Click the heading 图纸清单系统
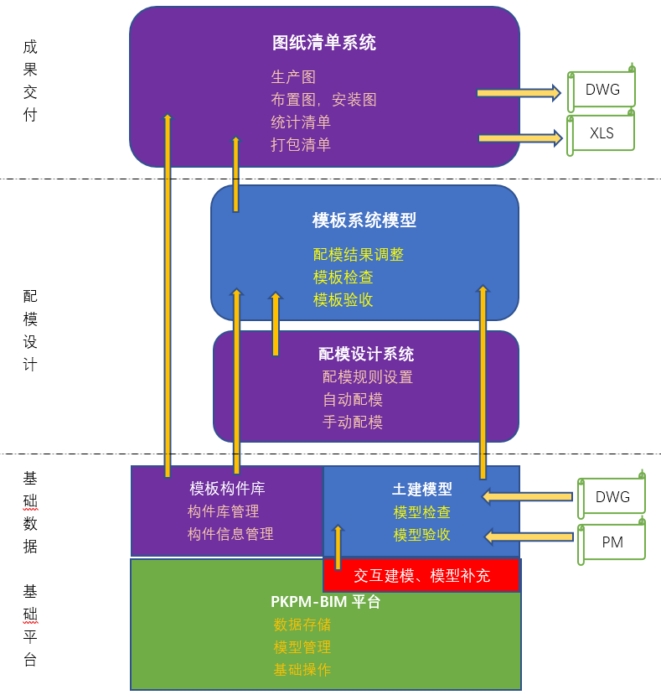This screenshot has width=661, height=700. [x=324, y=43]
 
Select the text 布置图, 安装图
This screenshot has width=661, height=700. [x=323, y=100]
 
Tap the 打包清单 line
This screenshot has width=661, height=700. [x=301, y=144]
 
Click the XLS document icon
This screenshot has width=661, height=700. [x=602, y=133]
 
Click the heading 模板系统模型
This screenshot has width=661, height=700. [x=364, y=220]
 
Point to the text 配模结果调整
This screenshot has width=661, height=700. [x=359, y=254]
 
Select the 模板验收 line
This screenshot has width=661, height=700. [x=343, y=299]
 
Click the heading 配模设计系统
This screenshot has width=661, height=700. [x=366, y=354]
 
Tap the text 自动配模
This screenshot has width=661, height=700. [x=353, y=400]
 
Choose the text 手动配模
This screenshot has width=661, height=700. [x=353, y=422]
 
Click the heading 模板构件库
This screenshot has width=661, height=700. [x=227, y=488]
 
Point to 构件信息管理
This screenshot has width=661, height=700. [x=230, y=533]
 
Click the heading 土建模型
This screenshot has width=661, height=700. [x=422, y=489]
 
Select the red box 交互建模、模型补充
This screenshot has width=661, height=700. [x=421, y=576]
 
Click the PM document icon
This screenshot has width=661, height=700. [x=612, y=542]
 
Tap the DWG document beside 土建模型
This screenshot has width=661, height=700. [x=612, y=497]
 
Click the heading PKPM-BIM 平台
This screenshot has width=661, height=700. [x=325, y=601]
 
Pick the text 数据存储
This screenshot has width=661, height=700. [x=302, y=625]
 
